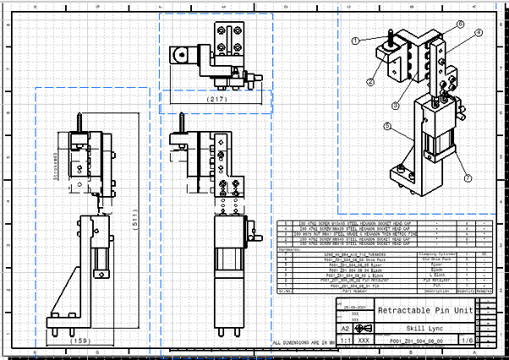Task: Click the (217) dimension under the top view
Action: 216,100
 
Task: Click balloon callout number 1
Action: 356,40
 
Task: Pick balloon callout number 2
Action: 369,82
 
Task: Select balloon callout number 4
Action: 478,32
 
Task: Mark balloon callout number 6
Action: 386,127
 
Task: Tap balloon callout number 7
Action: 465,177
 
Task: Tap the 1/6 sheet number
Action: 466,340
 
